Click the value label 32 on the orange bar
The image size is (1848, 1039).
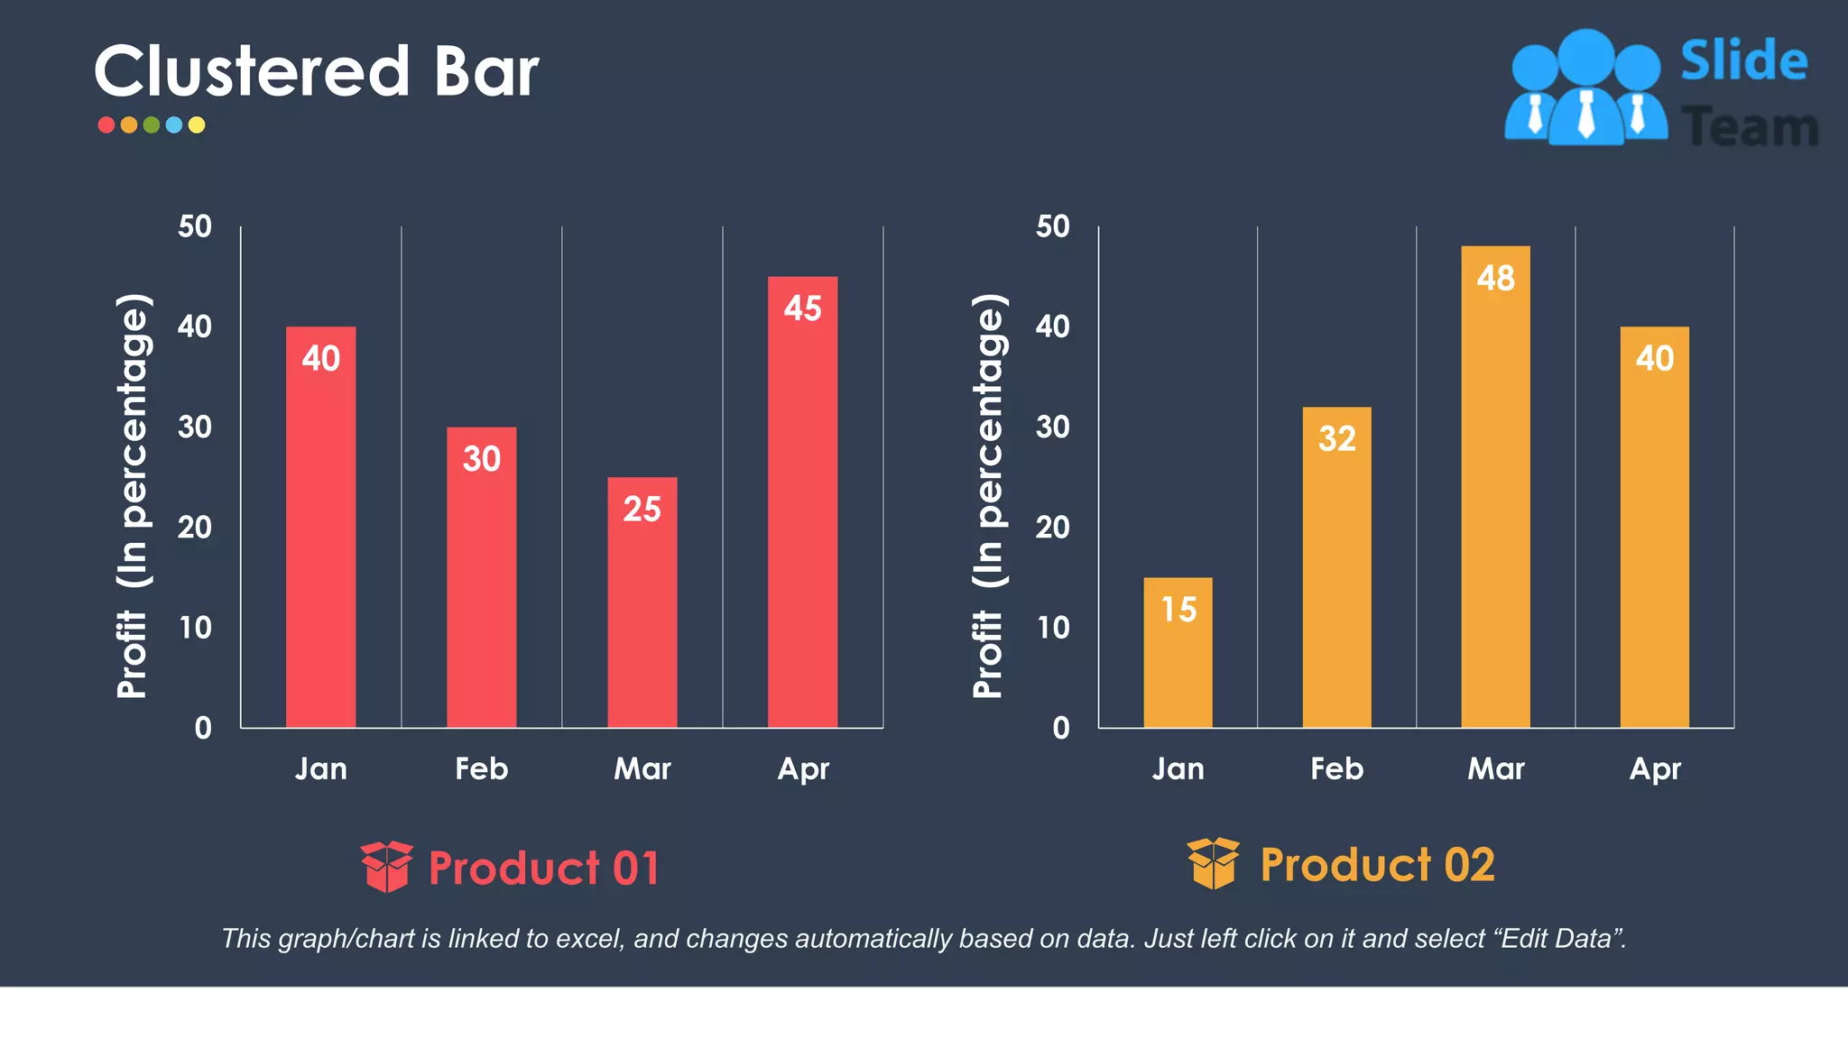pos(1336,439)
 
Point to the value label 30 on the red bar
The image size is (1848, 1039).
pos(481,459)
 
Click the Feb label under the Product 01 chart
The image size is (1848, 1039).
pos(481,768)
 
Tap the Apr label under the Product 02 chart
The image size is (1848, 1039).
pos(1655,768)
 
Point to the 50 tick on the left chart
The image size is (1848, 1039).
pos(195,226)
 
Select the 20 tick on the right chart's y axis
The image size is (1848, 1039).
pos(1052,528)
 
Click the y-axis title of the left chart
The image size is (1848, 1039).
pos(134,496)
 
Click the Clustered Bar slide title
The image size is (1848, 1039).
pos(316,72)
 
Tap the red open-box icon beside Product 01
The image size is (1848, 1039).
pos(387,867)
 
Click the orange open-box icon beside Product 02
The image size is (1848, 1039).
pos(1214,863)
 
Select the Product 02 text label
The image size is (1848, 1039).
pos(1377,865)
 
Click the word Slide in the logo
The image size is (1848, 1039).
pos(1743,61)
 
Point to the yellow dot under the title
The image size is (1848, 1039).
pos(197,125)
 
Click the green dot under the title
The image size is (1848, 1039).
pos(152,125)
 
